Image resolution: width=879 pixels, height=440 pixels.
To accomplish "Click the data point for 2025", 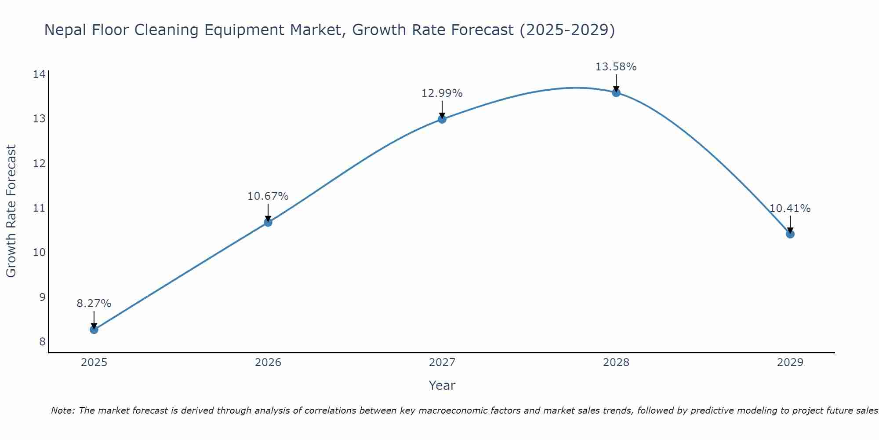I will tap(94, 330).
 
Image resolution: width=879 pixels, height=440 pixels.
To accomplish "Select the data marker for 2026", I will tap(268, 222).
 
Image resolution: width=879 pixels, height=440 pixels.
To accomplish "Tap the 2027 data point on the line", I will tap(442, 119).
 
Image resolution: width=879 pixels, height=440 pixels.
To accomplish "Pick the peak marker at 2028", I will tap(616, 92).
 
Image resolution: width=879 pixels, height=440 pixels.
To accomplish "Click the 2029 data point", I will tap(790, 234).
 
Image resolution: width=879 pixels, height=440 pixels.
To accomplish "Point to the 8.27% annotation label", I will tap(94, 304).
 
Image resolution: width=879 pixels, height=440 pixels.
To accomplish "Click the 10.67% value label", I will tap(268, 196).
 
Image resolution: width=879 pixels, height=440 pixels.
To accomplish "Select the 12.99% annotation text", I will tap(442, 93).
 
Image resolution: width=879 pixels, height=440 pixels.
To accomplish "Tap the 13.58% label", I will tap(616, 67).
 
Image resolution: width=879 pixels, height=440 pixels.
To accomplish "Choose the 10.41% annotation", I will tap(790, 209).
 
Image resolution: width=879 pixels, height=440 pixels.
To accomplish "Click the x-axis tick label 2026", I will tap(268, 363).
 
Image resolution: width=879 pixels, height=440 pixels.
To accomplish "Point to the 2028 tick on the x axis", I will tap(616, 363).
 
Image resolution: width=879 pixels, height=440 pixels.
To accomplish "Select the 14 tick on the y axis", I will tap(39, 74).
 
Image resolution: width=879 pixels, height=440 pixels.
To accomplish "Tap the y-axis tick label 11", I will tap(39, 208).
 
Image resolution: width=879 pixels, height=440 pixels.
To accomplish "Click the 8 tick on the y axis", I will tap(42, 342).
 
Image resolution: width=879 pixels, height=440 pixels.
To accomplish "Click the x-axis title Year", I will tap(442, 385).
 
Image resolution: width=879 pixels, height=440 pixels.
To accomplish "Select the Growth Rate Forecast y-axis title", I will tap(11, 211).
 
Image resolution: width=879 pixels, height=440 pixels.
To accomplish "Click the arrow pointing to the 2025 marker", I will tap(94, 319).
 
